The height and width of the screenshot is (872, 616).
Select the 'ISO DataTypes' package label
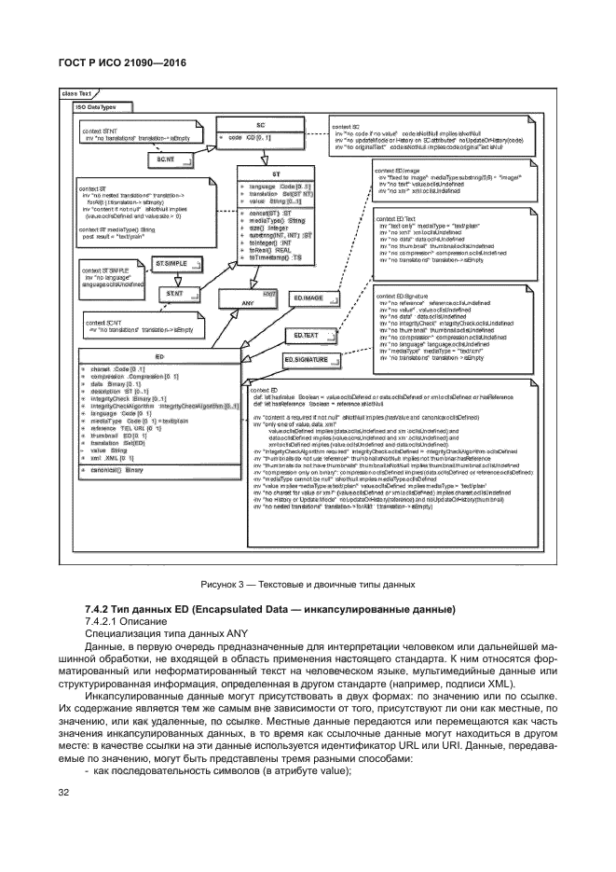click(x=95, y=107)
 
